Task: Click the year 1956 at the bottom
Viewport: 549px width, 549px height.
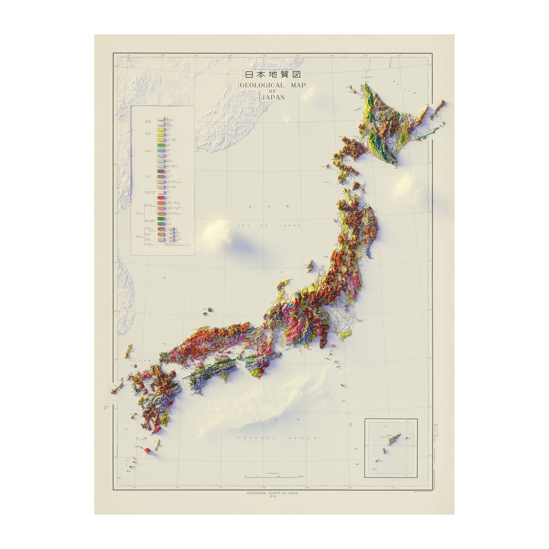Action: pos(272,494)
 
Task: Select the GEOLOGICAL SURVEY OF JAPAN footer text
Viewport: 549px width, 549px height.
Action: pos(272,490)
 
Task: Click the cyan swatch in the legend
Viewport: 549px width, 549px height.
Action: pos(160,151)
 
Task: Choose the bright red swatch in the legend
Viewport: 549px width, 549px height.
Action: pos(160,198)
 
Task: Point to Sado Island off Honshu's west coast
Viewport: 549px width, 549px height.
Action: pos(310,265)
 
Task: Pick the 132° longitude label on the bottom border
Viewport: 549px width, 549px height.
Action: pos(177,487)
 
